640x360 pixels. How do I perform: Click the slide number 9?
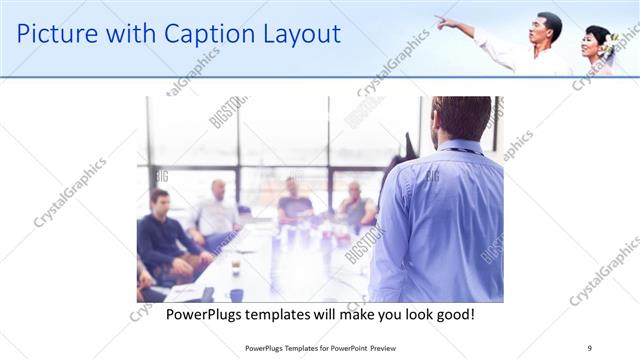click(x=589, y=347)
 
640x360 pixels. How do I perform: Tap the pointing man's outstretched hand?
click(x=441, y=20)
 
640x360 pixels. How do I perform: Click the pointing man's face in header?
click(x=549, y=27)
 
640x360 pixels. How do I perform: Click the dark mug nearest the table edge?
click(x=236, y=294)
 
